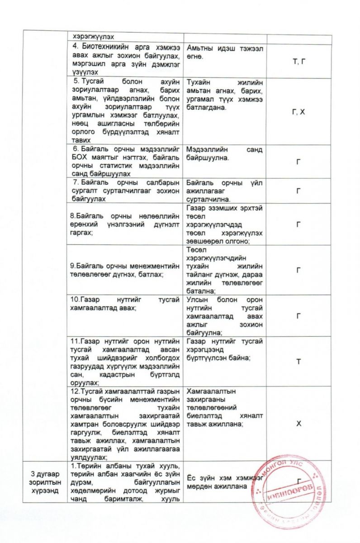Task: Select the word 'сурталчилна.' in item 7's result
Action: point(208,199)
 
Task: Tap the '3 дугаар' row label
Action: point(43,474)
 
